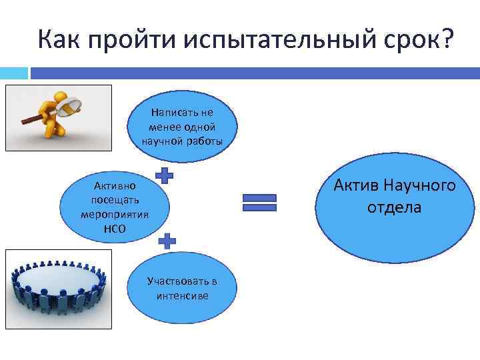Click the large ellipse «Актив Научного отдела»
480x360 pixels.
point(394,197)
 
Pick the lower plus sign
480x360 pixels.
point(167,241)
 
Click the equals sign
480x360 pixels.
point(259,203)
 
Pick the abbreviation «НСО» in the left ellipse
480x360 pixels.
point(113,229)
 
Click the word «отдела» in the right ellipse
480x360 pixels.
point(394,207)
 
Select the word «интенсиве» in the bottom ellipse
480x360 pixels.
point(182,295)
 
